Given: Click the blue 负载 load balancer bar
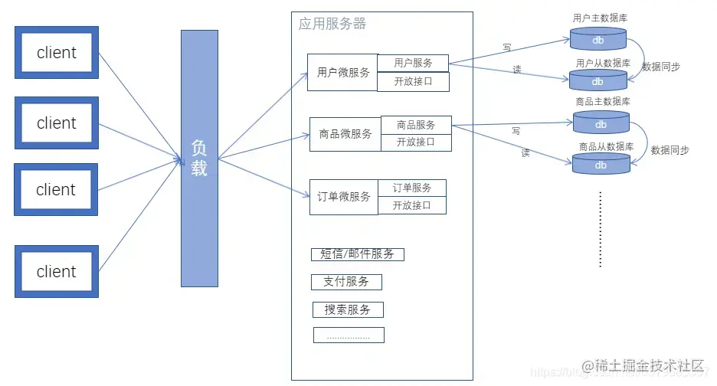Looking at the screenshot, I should point(199,159).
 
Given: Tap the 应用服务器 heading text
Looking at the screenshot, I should point(332,24).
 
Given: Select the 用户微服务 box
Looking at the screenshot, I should point(342,73).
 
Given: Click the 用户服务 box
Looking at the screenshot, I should point(413,63).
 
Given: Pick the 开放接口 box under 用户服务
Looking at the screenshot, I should point(413,81).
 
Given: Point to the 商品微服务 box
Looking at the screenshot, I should point(345,134).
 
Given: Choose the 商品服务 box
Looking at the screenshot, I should point(416,125).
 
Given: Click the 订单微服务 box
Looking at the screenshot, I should point(344,197).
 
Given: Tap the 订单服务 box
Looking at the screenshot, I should point(411,188).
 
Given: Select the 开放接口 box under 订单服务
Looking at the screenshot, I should point(411,205).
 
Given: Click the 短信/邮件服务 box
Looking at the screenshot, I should point(357,254).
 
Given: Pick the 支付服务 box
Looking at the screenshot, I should point(346,282).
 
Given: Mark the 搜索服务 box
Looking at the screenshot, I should point(348,309).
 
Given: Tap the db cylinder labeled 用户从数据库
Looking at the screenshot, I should point(598,80).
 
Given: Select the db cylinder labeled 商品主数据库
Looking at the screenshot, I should point(601,123).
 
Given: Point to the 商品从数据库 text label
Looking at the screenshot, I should point(606,146).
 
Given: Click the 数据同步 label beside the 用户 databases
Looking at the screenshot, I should point(661,67).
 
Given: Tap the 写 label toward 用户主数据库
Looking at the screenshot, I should point(506,47).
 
